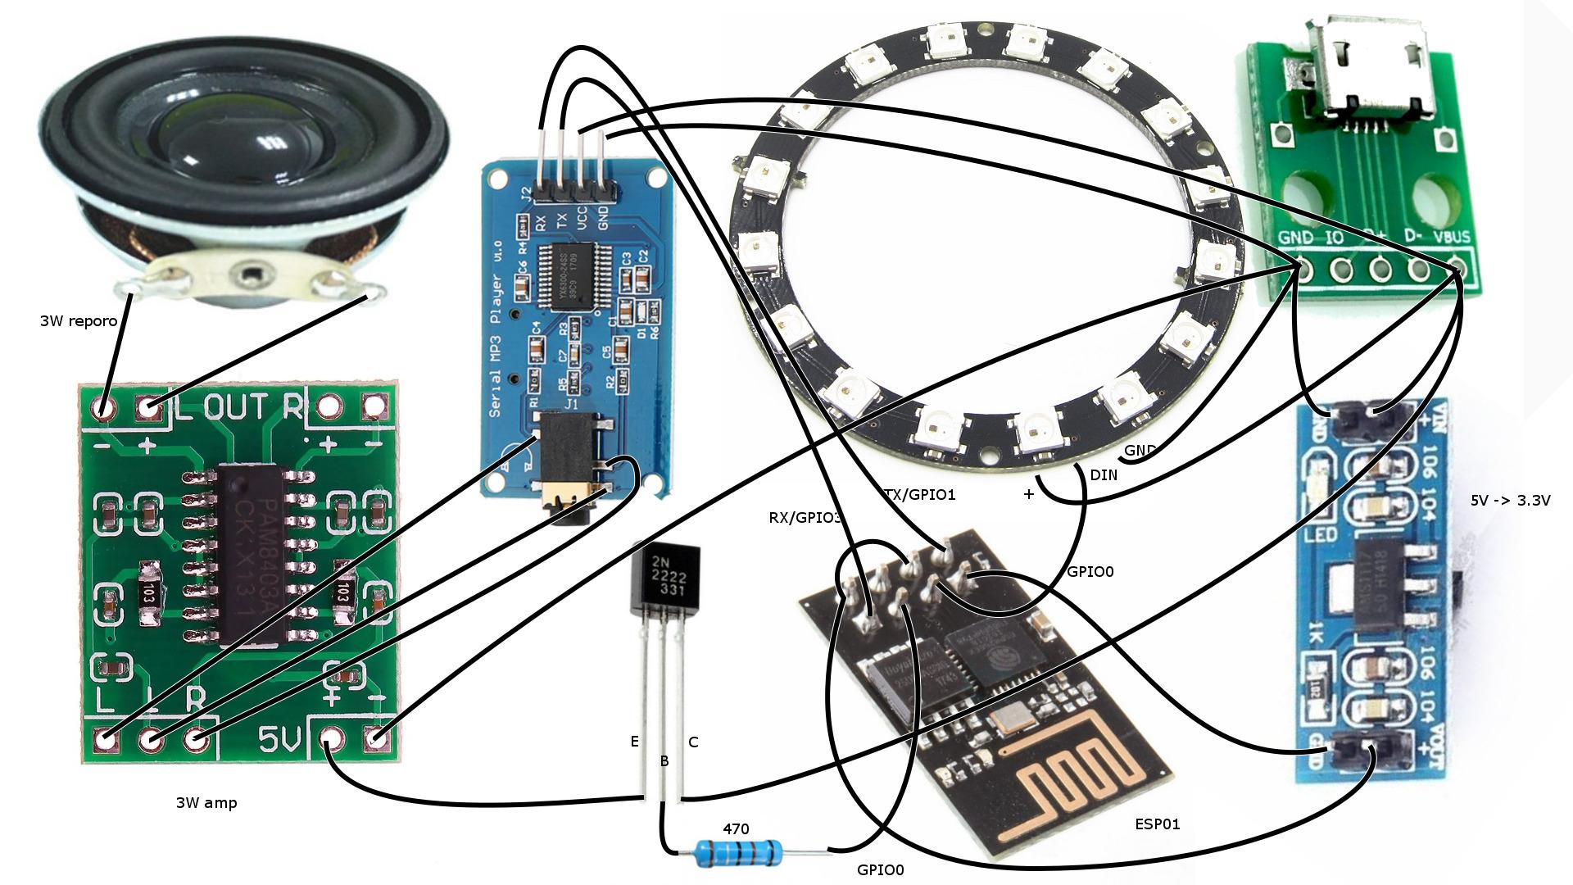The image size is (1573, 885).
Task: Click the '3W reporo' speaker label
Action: point(79,320)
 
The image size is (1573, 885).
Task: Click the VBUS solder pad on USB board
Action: point(1456,268)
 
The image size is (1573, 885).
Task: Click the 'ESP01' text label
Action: point(1158,824)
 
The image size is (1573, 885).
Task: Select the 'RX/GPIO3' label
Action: point(805,517)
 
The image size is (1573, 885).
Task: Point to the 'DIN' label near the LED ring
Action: point(1104,474)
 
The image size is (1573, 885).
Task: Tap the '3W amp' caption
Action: point(206,803)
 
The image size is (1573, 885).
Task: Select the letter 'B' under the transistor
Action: point(664,761)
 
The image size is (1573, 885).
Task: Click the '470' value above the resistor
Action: point(736,829)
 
